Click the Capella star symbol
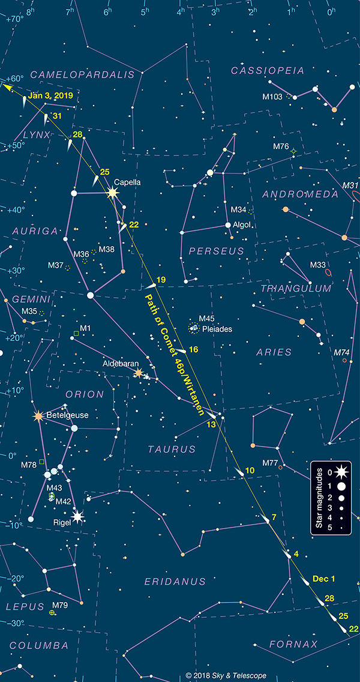[112, 193]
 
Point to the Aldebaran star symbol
[139, 373]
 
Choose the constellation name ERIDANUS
[175, 581]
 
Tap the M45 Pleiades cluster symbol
[194, 327]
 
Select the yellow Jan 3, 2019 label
[49, 95]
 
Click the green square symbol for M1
[76, 333]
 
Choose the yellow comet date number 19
[161, 280]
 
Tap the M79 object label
[60, 605]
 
